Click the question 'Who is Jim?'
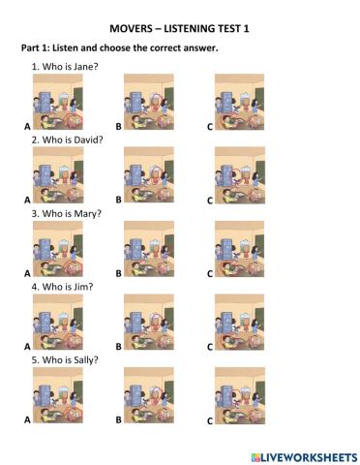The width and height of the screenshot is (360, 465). [62, 287]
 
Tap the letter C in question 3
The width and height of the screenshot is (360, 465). [209, 274]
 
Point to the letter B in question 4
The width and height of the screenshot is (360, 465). [118, 347]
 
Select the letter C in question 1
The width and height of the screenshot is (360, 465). [209, 127]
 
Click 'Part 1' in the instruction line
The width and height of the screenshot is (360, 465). [38, 47]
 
